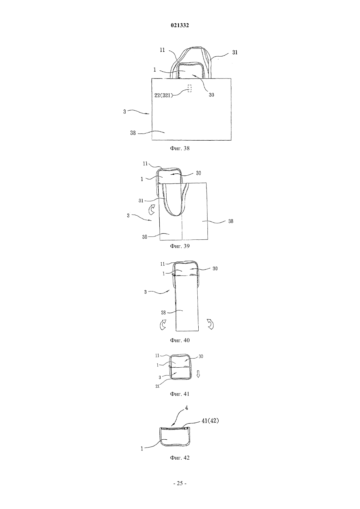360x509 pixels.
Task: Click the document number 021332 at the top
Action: click(x=180, y=26)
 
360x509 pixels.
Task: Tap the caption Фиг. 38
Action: click(x=180, y=149)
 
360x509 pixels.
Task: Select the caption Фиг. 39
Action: click(x=180, y=246)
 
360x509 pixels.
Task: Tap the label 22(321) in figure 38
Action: click(x=163, y=96)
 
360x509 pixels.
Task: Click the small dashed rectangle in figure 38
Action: click(x=189, y=88)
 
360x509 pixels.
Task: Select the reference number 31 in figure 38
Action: click(x=235, y=52)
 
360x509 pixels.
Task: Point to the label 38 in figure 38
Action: click(x=133, y=133)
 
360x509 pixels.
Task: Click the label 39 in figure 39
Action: click(x=145, y=237)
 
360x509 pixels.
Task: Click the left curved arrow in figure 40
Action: click(x=163, y=325)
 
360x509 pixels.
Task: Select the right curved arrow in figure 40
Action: click(x=210, y=324)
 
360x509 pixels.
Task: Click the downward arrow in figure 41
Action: click(x=198, y=374)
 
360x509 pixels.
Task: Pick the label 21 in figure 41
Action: click(x=157, y=386)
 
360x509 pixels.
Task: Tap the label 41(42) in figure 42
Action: click(x=210, y=421)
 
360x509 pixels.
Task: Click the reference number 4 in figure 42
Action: click(x=186, y=408)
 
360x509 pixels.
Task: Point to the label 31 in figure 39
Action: click(x=141, y=201)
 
